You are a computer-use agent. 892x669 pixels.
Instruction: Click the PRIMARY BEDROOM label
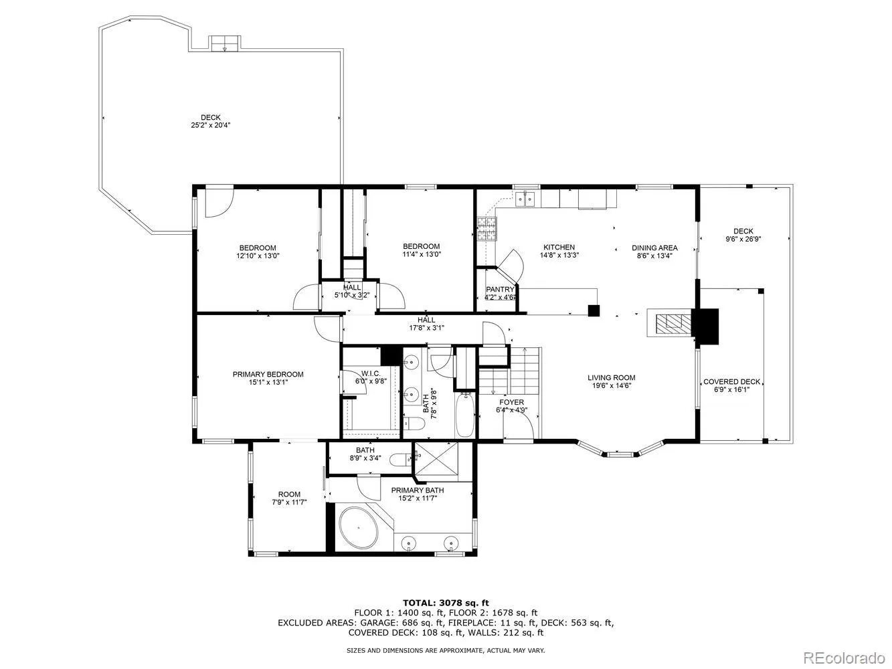tap(268, 374)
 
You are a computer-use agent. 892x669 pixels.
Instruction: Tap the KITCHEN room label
tap(559, 247)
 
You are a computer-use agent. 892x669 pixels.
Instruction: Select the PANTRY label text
tap(500, 289)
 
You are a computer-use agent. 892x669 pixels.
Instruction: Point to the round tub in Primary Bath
tap(359, 528)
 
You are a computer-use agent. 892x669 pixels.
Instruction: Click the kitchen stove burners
tap(486, 229)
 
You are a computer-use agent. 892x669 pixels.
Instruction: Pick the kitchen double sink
tap(525, 199)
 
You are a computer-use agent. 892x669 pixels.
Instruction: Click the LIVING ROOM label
tap(611, 378)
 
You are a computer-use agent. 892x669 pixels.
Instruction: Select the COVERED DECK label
tap(731, 382)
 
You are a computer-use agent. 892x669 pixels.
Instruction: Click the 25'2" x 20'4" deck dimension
tap(211, 125)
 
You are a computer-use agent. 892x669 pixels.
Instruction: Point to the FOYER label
tap(512, 402)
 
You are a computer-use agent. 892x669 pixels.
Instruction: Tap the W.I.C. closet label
tap(371, 373)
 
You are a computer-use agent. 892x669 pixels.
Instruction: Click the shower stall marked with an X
tap(436, 458)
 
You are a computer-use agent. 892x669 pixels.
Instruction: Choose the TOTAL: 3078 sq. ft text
tap(446, 603)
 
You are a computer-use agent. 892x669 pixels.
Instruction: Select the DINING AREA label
tap(654, 248)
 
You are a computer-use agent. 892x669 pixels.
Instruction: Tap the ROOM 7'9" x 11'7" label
tap(289, 498)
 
